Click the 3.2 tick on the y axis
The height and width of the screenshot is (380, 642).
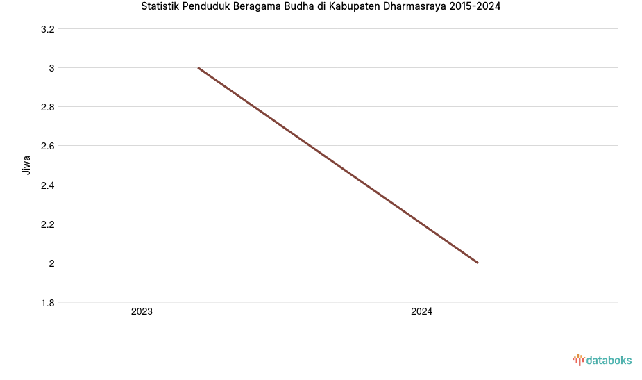point(48,29)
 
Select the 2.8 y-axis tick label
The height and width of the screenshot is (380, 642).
point(48,107)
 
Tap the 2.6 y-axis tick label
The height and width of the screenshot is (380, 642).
point(48,146)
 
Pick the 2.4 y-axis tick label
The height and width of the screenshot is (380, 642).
point(48,185)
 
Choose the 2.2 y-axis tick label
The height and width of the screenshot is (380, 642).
point(48,224)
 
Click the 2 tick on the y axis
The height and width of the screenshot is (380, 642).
point(51,263)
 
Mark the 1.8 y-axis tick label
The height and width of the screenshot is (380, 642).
point(48,303)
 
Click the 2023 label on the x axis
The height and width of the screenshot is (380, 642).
point(142,312)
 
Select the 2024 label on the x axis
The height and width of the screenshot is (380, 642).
point(421,312)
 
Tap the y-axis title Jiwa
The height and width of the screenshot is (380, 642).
point(27,165)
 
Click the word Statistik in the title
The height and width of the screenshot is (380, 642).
point(160,7)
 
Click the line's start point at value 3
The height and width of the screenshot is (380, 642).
point(198,68)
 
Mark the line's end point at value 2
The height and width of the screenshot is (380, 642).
point(478,263)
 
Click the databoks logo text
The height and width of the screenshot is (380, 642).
point(609,360)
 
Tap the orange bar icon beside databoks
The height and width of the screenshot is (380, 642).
point(578,360)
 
